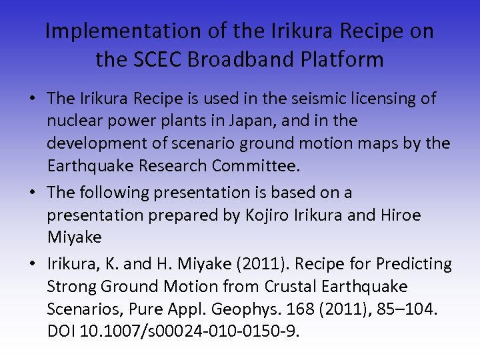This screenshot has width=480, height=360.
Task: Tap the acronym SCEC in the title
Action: tap(163, 60)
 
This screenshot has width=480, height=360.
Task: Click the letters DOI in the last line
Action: tap(61, 331)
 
